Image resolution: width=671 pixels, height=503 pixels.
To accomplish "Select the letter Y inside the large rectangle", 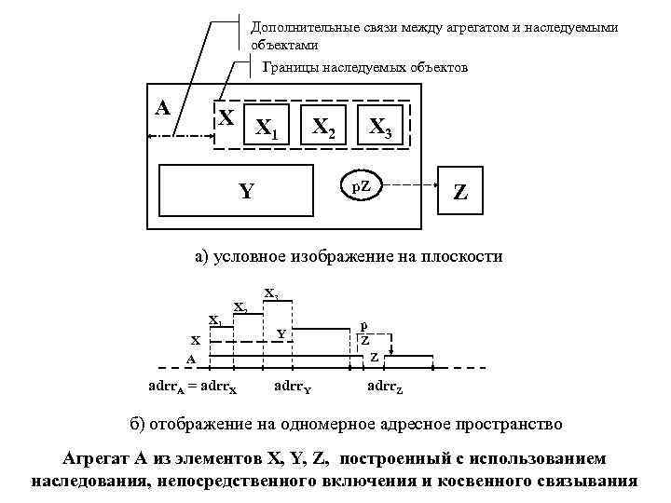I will (x=245, y=192).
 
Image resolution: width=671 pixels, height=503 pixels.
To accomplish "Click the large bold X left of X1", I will (x=226, y=119).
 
